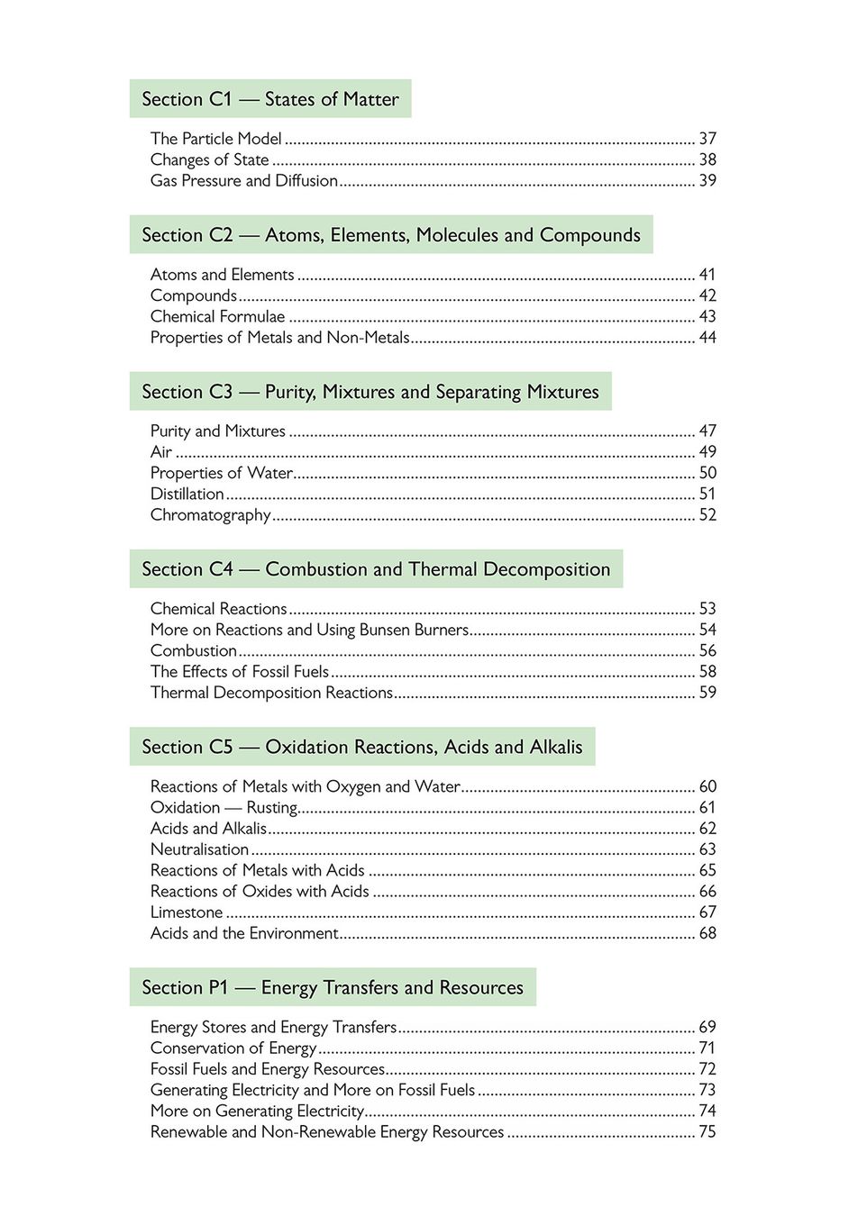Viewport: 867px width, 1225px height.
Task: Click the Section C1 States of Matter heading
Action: (269, 99)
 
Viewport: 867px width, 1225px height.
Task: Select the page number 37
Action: (707, 139)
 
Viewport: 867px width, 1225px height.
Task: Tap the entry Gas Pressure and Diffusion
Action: (243, 180)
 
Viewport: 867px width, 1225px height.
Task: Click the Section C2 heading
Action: (390, 235)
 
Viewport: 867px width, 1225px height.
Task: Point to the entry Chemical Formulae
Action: (217, 316)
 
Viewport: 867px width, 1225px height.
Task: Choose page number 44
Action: (707, 338)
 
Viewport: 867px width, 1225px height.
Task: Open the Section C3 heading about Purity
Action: (370, 392)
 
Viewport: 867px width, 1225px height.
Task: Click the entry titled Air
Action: (161, 452)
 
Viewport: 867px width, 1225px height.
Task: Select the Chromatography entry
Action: (210, 515)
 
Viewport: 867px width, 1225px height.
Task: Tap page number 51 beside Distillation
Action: (707, 494)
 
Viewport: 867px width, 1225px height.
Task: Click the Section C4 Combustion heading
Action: (375, 569)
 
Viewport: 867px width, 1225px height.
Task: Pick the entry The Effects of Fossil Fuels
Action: (239, 672)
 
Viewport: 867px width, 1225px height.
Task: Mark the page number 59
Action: (707, 693)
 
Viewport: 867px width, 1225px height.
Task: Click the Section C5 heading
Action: (361, 747)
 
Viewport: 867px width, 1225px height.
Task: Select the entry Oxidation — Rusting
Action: (224, 808)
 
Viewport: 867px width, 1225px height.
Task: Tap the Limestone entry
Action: (186, 912)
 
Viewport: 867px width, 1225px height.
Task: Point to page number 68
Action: (707, 933)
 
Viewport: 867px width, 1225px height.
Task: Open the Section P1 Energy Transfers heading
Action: (332, 987)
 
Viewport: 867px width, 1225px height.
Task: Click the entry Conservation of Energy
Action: (233, 1048)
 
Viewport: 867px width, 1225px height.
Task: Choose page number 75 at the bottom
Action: (707, 1132)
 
